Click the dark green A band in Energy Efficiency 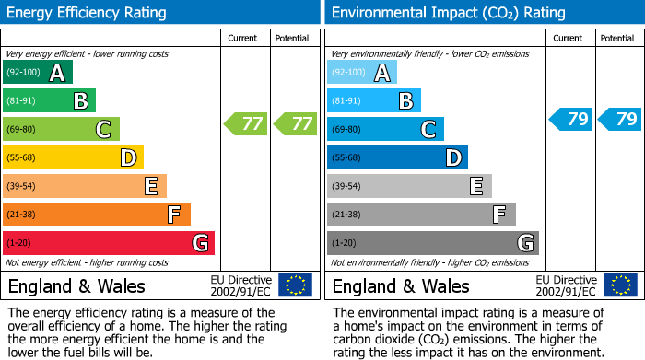tap(37, 73)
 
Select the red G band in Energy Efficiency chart tap(108, 243)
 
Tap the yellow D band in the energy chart tap(73, 158)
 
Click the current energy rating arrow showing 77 tap(246, 123)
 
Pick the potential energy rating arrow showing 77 tap(295, 123)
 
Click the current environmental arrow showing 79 tap(570, 119)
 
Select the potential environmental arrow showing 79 tap(619, 119)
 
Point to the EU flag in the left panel tap(295, 285)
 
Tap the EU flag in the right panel tap(619, 285)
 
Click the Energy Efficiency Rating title tap(88, 13)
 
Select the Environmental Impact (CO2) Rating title tap(448, 13)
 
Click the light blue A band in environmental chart tap(361, 73)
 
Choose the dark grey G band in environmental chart tap(432, 243)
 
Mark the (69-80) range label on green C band tap(21, 130)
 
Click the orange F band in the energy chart tap(96, 215)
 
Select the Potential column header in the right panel tap(617, 38)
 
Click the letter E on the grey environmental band tap(475, 187)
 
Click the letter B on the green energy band tap(80, 101)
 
